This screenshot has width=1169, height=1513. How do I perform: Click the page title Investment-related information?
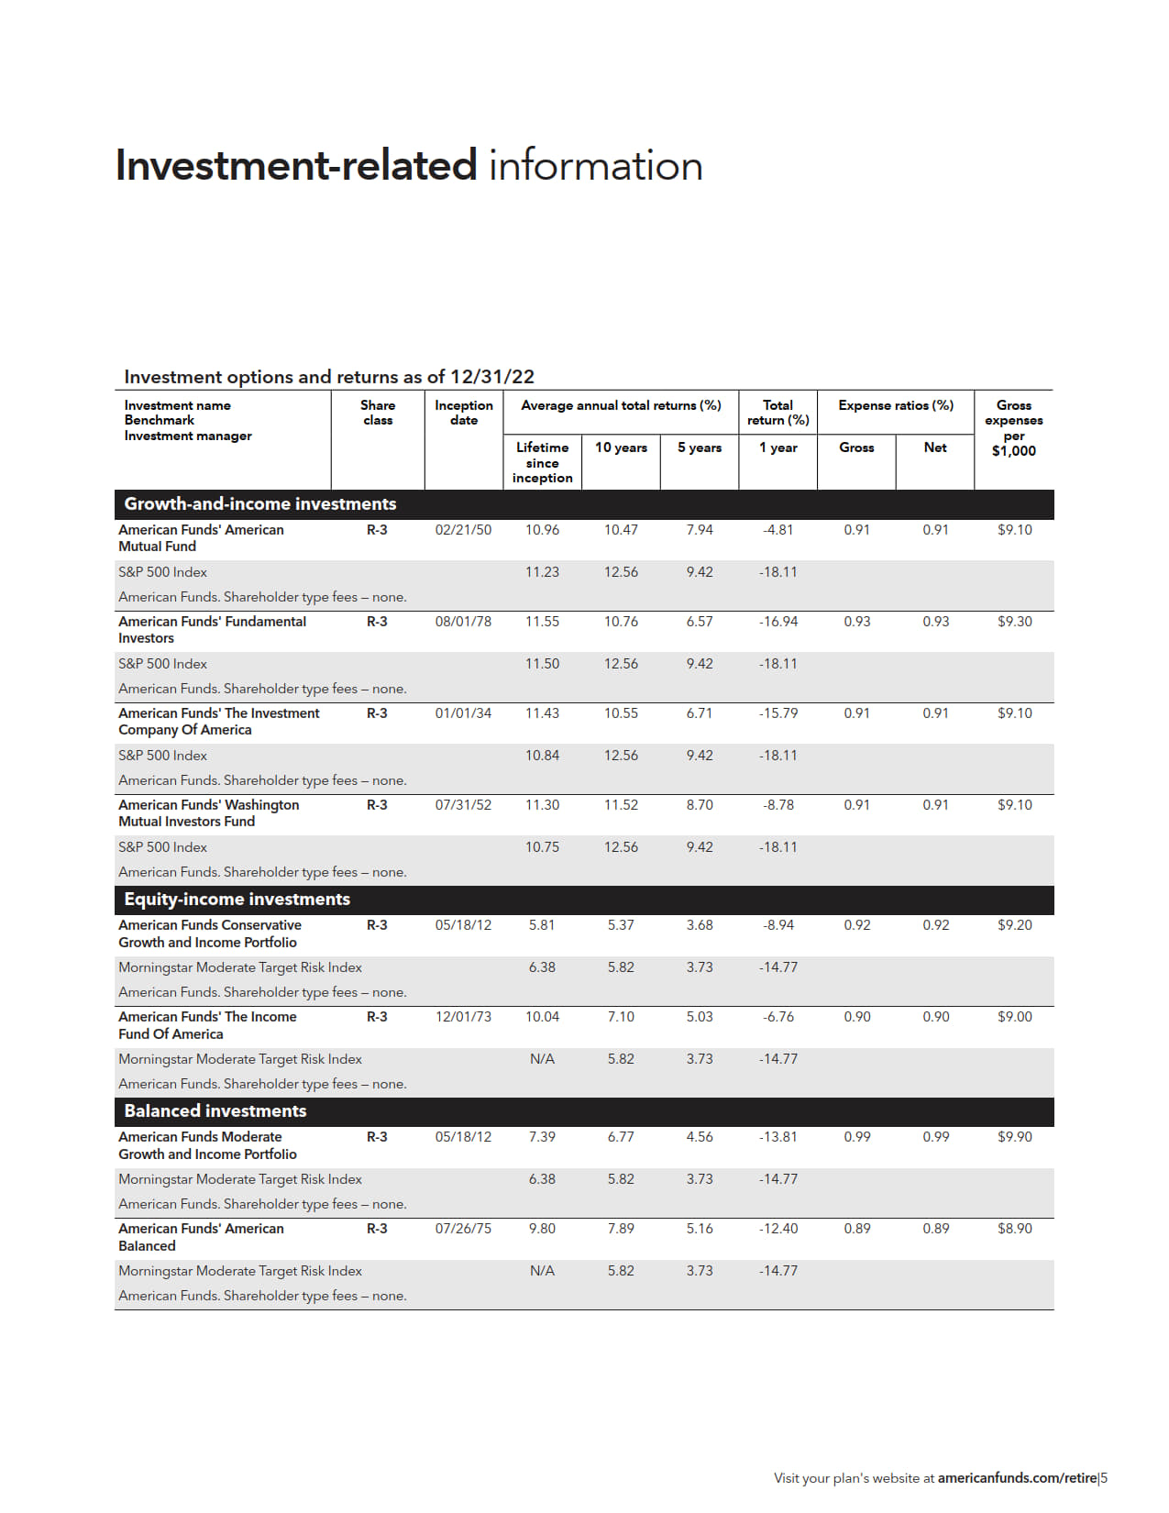[x=408, y=166]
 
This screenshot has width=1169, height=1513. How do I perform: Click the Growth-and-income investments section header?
[x=259, y=503]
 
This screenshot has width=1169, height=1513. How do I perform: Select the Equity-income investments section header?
[x=237, y=900]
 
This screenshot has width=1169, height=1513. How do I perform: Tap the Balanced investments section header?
[x=215, y=1111]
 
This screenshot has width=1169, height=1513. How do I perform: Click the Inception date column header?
[x=463, y=413]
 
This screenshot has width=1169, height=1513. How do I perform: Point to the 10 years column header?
[x=621, y=447]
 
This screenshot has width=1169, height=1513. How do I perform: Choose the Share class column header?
[x=377, y=413]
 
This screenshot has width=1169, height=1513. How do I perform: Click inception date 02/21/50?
[x=463, y=530]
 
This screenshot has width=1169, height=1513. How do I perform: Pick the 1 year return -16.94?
[x=777, y=622]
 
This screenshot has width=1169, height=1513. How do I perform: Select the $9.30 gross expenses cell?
[x=1014, y=622]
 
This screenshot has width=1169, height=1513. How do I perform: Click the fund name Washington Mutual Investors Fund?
[x=208, y=813]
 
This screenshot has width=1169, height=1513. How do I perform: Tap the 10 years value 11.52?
[x=621, y=805]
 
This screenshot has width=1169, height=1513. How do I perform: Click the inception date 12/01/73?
[x=463, y=1017]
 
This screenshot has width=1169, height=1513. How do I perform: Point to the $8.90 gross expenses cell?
[x=1014, y=1229]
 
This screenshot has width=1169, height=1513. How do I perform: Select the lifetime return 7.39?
[x=542, y=1137]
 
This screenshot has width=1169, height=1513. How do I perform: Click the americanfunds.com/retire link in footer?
[x=1017, y=1478]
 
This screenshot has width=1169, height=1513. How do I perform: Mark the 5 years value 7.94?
[x=700, y=530]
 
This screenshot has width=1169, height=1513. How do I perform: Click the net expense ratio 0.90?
[x=935, y=1017]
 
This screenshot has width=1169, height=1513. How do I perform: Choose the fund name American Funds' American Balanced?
[x=201, y=1237]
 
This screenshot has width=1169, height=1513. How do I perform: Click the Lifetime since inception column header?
[x=542, y=462]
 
